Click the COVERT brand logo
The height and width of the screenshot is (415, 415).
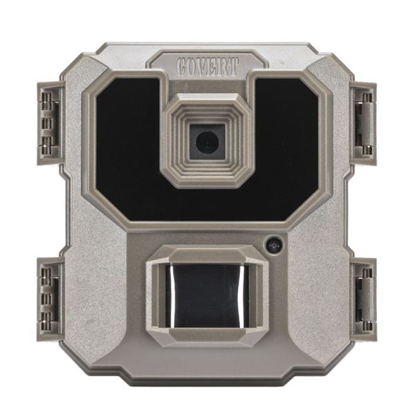click(207, 66)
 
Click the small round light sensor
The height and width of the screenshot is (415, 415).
click(274, 245)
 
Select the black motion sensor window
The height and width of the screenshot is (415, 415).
click(207, 295)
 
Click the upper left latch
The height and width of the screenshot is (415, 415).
click(50, 123)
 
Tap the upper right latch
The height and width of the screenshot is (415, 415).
click(363, 123)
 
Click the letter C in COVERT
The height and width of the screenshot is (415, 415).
click(183, 66)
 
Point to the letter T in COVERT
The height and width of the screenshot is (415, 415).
click(234, 66)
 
